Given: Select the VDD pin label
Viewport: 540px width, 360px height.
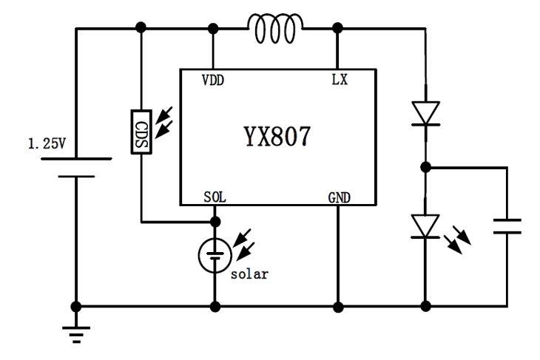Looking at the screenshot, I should pyautogui.click(x=214, y=79).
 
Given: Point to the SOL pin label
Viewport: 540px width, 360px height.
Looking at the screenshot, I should pyautogui.click(x=215, y=197).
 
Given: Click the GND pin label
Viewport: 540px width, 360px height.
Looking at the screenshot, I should pyautogui.click(x=340, y=197).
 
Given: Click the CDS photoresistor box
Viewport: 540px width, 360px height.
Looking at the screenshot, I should pyautogui.click(x=141, y=132).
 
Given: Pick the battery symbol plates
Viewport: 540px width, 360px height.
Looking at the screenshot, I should pyautogui.click(x=75, y=166).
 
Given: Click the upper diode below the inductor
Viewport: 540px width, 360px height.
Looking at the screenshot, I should pyautogui.click(x=425, y=113).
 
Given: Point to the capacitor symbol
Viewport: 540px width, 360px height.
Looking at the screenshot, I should pyautogui.click(x=507, y=225).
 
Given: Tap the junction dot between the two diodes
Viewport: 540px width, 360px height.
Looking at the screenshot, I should pyautogui.click(x=425, y=167).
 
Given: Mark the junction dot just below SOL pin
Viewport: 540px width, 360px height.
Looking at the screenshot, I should pyautogui.click(x=215, y=221).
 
